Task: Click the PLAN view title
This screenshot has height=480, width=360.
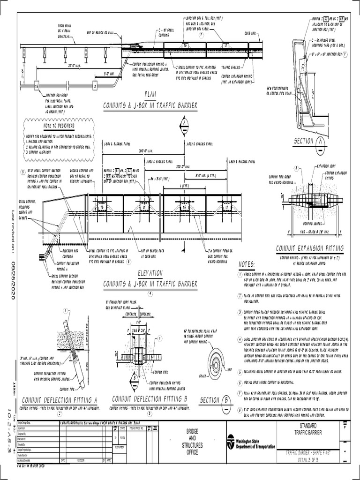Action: pyautogui.click(x=150, y=93)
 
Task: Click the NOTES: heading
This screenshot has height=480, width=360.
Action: pyautogui.click(x=247, y=264)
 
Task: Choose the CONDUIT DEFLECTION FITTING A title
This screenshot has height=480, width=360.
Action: pyautogui.click(x=60, y=399)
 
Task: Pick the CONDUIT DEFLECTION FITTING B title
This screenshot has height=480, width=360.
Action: pyautogui.click(x=150, y=399)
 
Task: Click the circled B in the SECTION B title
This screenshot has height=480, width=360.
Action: pyautogui.click(x=227, y=400)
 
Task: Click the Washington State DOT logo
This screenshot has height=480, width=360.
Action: pyautogui.click(x=231, y=442)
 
